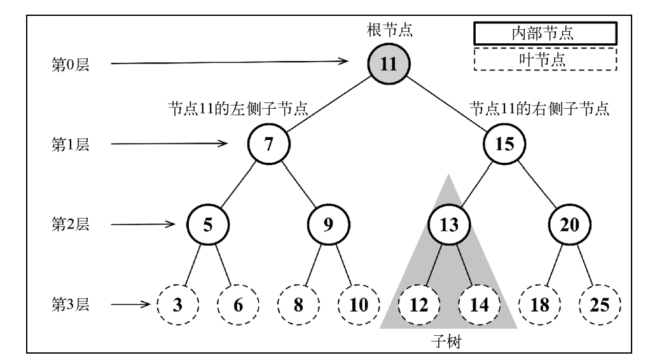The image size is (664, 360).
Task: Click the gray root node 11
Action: tap(389, 65)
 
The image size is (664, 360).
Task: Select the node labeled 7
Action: tap(268, 144)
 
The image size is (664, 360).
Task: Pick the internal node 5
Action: tap(207, 225)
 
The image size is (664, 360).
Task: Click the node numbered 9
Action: tap(328, 225)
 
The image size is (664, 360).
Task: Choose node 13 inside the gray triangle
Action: tap(448, 225)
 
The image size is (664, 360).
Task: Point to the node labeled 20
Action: tap(569, 225)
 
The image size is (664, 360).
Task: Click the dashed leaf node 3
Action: tap(177, 304)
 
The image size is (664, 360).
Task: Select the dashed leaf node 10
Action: tap(358, 304)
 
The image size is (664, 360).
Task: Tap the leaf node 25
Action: tap(599, 304)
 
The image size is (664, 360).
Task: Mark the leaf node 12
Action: tap(418, 304)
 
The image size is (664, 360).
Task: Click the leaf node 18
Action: tap(539, 304)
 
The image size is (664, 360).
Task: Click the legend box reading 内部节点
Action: tap(545, 33)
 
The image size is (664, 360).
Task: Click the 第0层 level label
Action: tap(69, 64)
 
